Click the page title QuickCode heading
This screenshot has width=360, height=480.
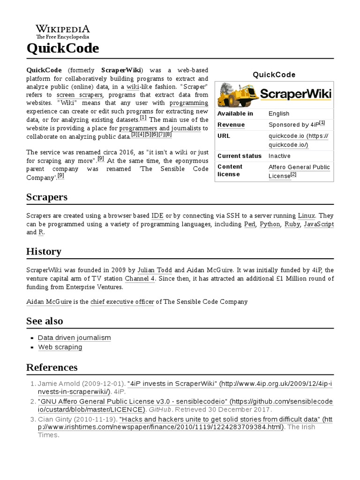pyautogui.click(x=62, y=48)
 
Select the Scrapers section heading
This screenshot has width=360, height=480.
pyautogui.click(x=47, y=197)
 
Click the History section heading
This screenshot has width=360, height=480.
pyautogui.click(x=44, y=252)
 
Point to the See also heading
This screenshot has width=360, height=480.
pyautogui.click(x=45, y=321)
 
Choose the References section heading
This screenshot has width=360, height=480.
pyautogui.click(x=52, y=367)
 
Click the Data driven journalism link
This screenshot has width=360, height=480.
pyautogui.click(x=74, y=337)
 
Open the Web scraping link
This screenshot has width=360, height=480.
pyautogui.click(x=60, y=347)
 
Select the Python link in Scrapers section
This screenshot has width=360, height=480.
pyautogui.click(x=270, y=225)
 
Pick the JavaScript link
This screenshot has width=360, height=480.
pyautogui.click(x=319, y=225)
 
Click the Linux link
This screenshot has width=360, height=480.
pyautogui.click(x=306, y=216)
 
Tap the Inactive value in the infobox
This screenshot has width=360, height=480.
pyautogui.click(x=279, y=156)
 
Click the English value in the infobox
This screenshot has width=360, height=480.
pyautogui.click(x=279, y=113)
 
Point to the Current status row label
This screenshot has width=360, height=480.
pyautogui.click(x=239, y=156)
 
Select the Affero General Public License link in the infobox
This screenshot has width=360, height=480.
pyautogui.click(x=299, y=172)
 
